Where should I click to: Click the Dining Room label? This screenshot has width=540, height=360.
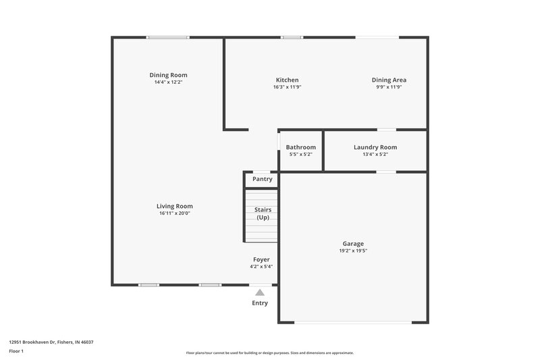click(x=168, y=75)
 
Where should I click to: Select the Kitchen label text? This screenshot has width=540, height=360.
click(x=287, y=80)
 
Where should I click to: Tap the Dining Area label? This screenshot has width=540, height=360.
click(x=389, y=80)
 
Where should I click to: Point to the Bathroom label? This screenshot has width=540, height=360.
click(x=300, y=147)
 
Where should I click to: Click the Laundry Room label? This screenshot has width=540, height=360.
click(x=375, y=147)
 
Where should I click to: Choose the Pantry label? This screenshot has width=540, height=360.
click(x=263, y=179)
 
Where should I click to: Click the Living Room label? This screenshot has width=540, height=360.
click(x=175, y=206)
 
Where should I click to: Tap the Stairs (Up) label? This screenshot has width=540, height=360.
click(x=263, y=213)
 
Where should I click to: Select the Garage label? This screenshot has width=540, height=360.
click(x=353, y=243)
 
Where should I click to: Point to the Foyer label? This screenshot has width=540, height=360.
click(x=261, y=259)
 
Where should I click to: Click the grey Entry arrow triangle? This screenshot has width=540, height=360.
click(x=260, y=292)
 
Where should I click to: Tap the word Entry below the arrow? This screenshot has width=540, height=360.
click(x=260, y=303)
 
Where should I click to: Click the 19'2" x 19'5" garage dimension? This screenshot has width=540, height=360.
click(x=353, y=251)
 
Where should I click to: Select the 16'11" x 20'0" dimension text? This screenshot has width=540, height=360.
click(x=175, y=213)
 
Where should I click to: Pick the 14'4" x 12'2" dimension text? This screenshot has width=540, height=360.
click(x=168, y=82)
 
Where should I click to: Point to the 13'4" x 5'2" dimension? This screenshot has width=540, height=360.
click(x=375, y=154)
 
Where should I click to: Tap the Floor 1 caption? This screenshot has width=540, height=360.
click(x=16, y=352)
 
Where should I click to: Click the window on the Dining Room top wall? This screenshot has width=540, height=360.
click(x=168, y=37)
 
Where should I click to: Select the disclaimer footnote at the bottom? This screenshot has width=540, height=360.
click(x=270, y=353)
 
